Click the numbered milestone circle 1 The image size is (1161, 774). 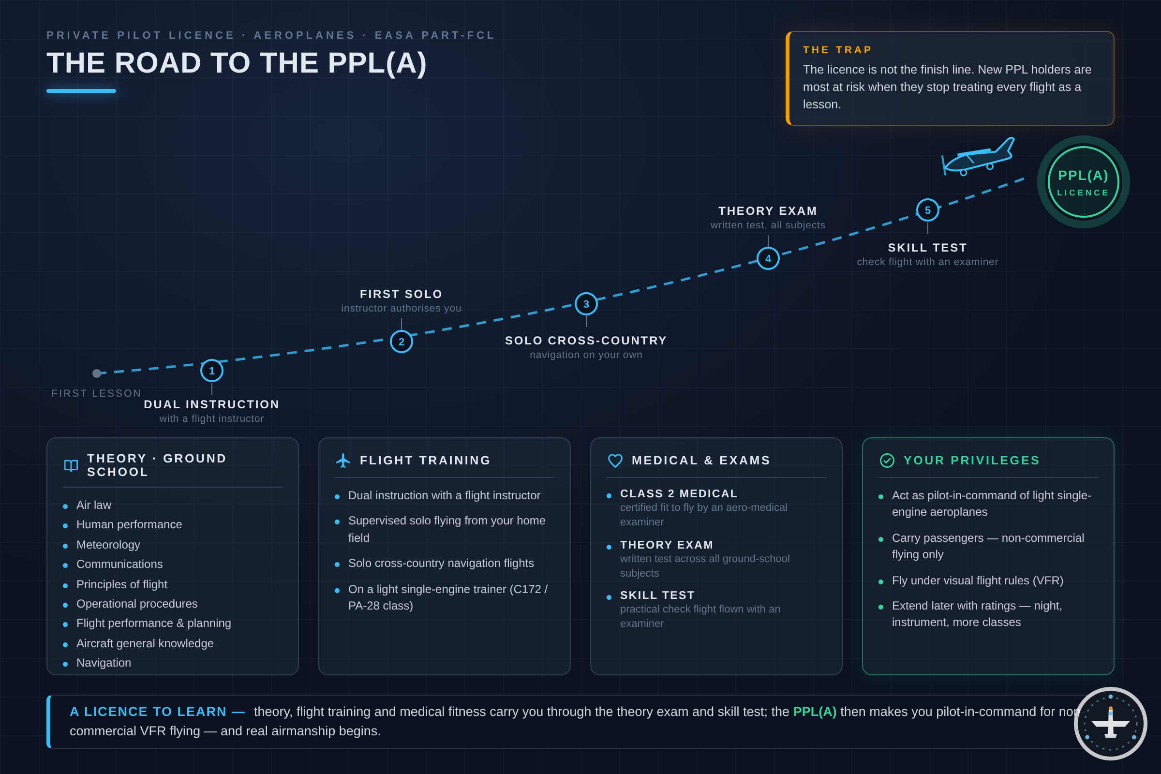tap(212, 371)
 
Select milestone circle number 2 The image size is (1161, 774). tap(402, 342)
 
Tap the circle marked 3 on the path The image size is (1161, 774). tap(586, 304)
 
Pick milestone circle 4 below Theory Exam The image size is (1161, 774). tap(768, 259)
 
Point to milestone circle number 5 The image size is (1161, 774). tap(927, 210)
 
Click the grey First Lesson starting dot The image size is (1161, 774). tap(97, 373)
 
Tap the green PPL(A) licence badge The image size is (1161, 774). tap(1083, 182)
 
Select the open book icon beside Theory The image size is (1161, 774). tap(71, 465)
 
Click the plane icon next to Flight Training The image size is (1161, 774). tap(343, 461)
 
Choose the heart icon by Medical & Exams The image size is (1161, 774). tap(615, 461)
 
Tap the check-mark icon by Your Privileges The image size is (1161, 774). tap(887, 461)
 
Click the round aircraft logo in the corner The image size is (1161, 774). tap(1111, 723)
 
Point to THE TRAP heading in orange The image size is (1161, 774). tap(837, 50)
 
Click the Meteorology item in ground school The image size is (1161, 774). tap(108, 545)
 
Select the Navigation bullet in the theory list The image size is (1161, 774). tap(104, 662)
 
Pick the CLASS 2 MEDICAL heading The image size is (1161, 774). tap(679, 493)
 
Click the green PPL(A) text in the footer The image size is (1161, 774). tap(815, 711)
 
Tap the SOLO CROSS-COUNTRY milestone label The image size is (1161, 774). tap(586, 341)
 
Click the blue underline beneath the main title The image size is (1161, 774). tap(81, 91)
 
